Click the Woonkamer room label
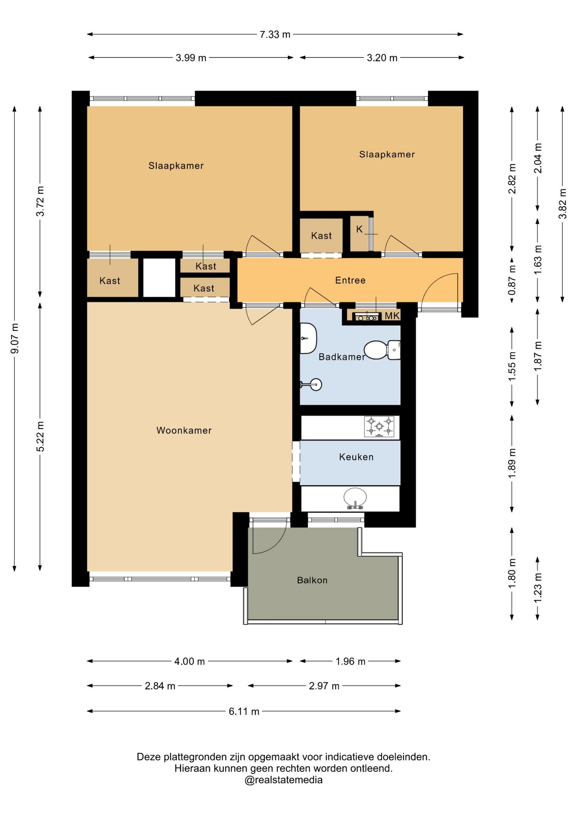[184, 431]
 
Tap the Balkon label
[312, 580]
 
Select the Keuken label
[356, 457]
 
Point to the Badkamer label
[342, 357]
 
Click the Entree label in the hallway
[350, 280]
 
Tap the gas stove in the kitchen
[379, 427]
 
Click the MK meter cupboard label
[392, 316]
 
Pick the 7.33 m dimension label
[275, 34]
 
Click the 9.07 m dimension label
[15, 338]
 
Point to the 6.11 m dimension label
[244, 711]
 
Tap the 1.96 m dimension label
[351, 661]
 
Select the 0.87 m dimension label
[512, 280]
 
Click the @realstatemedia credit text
[283, 780]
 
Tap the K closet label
[359, 229]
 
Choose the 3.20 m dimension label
[382, 58]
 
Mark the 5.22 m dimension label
[40, 436]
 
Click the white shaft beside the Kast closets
[159, 278]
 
